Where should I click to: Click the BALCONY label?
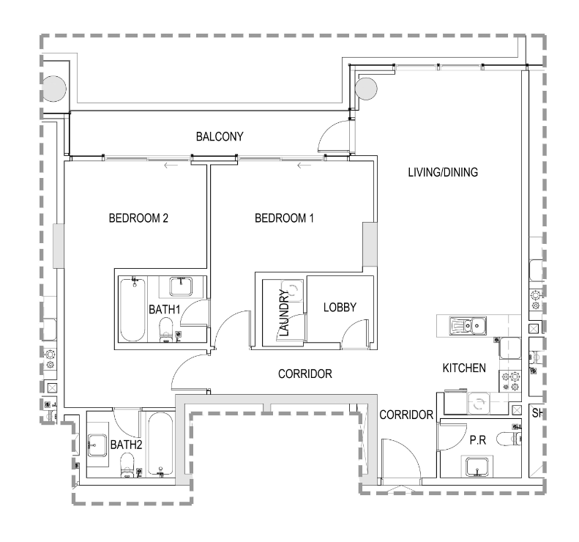tap(220, 137)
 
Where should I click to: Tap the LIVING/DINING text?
tap(443, 172)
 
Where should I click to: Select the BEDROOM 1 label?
tap(284, 218)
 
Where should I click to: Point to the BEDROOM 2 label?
tap(138, 218)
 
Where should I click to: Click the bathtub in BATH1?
tap(132, 310)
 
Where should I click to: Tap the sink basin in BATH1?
tap(181, 286)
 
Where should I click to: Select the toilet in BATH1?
tap(166, 330)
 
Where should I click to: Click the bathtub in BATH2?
tap(160, 444)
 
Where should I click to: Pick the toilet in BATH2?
tap(127, 465)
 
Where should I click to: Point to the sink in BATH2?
tap(97, 445)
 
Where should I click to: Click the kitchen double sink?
tap(468, 326)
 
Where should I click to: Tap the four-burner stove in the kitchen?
tap(510, 382)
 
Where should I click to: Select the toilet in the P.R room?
tap(509, 439)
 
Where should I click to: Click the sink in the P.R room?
tap(477, 467)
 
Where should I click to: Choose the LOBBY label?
tap(340, 308)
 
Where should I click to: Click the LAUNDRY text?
tap(284, 313)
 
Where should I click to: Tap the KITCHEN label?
tap(464, 368)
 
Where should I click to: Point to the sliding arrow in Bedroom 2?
tap(171, 166)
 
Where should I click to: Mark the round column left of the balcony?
tap(54, 89)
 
